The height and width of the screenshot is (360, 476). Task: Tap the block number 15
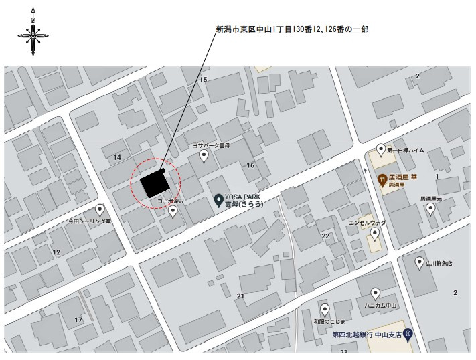(x=203, y=80)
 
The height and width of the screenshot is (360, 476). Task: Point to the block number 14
(x=117, y=157)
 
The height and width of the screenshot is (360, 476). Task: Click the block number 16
(x=251, y=165)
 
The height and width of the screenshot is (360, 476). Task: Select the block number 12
(x=56, y=252)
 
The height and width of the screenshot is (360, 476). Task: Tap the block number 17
(x=78, y=319)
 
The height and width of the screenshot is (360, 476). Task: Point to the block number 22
(x=325, y=236)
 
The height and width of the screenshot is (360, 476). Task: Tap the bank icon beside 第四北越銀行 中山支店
(x=408, y=334)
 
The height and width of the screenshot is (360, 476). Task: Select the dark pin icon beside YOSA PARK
(x=218, y=199)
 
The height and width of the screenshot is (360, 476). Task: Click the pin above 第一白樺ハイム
(x=381, y=149)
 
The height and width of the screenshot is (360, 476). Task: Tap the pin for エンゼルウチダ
(x=375, y=233)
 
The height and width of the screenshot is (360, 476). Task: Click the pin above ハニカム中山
(x=376, y=293)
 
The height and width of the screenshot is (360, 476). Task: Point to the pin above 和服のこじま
(x=325, y=309)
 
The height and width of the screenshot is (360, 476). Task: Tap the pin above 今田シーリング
(x=100, y=209)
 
